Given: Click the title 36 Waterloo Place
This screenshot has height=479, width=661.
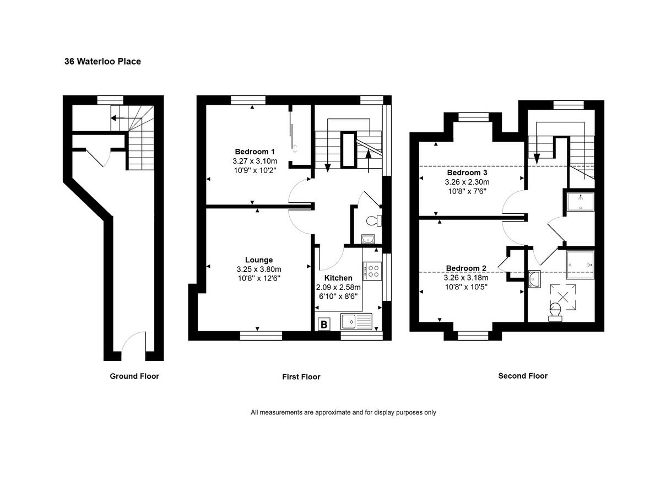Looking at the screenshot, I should coord(102,62).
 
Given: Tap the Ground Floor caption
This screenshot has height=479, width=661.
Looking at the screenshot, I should coord(134,376).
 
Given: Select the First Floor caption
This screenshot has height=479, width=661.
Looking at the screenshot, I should coord(301,376).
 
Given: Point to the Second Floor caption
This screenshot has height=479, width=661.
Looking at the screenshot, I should coord(523,376).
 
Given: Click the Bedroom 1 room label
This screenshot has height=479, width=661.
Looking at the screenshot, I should coord(254,152).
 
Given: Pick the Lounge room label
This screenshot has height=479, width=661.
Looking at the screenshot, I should coord(259,260).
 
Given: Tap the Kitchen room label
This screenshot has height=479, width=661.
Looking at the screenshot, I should coord(338,278).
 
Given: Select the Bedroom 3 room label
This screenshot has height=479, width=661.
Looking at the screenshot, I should coord(467,173).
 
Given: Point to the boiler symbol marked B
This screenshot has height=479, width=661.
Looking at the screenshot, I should coord(324,324).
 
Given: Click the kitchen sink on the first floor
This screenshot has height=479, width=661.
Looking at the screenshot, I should coord(356,321).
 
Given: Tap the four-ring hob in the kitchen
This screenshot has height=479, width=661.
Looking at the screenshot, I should coord(373,270).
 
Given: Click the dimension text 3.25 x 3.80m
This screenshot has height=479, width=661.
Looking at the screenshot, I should coord(259,270).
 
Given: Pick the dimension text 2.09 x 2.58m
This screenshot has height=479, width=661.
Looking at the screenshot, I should coord(338,288).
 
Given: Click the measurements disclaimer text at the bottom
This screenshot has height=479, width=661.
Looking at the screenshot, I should coord(343,412).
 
